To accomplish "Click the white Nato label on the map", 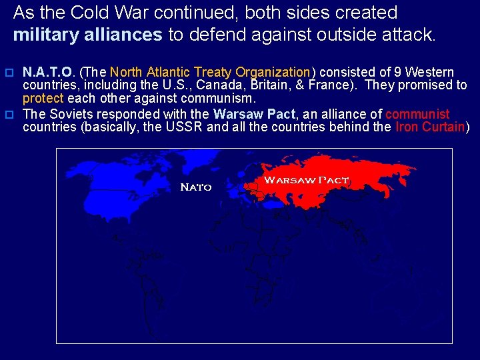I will (x=196, y=187).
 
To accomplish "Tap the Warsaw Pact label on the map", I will (x=306, y=180).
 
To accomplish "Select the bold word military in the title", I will (x=45, y=34).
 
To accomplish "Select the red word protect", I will (x=43, y=99).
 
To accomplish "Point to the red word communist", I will (x=417, y=114).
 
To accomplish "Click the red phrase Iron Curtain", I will (x=429, y=127).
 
